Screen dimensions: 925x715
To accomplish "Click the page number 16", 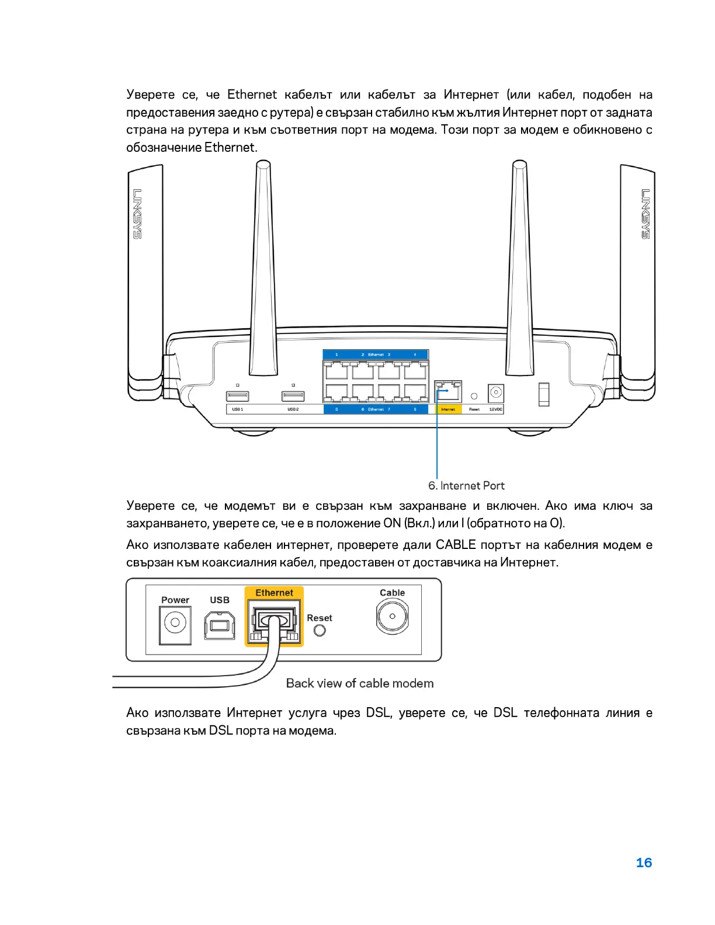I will pos(643,863).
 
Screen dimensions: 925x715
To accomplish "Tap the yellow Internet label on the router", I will pos(448,409).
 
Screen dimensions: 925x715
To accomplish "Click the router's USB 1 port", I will pos(238,396).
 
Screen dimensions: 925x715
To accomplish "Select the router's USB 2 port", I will pos(293,396).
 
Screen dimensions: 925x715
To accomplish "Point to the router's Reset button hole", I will pos(474,396).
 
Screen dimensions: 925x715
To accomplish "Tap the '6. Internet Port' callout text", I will pos(466,485).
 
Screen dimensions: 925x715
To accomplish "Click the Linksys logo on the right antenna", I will pos(645,213).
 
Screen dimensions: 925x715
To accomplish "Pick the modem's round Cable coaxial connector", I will pos(392,616).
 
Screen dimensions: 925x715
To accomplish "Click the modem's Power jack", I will pos(175,623).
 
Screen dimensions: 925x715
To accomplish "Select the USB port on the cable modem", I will pos(220,625).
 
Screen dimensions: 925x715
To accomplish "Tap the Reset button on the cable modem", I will pos(320,631).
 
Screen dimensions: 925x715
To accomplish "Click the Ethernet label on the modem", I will pos(274,593).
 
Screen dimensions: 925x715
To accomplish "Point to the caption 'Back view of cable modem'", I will pos(360,683).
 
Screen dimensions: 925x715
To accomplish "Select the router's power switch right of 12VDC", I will pos(544,394).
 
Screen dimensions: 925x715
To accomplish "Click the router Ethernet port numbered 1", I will pos(336,370).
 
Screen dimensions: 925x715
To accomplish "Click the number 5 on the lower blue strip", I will pos(336,409).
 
